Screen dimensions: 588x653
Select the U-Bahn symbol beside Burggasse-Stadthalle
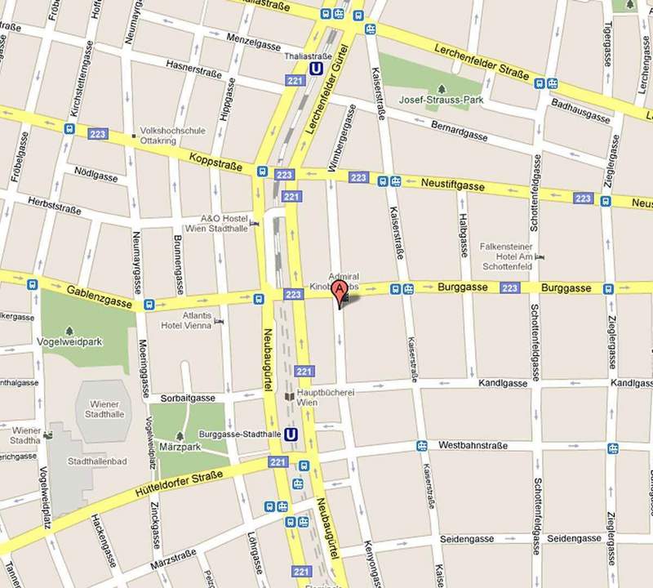point(291,434)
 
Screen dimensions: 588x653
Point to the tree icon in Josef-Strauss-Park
point(441,87)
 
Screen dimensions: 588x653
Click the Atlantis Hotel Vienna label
point(186,319)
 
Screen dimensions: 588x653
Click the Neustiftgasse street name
point(453,187)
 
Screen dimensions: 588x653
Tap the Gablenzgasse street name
point(100,296)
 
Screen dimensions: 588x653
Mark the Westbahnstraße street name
point(473,446)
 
